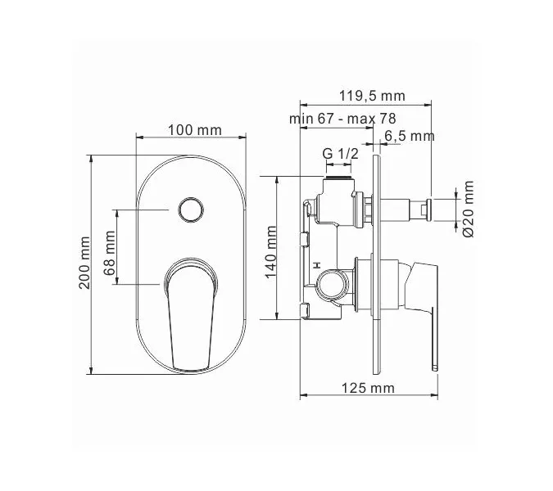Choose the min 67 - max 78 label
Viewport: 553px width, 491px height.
click(x=342, y=119)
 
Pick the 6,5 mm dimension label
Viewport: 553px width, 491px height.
click(x=409, y=135)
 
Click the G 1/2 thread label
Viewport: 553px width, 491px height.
click(x=338, y=154)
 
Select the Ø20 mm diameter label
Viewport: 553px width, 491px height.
click(x=468, y=209)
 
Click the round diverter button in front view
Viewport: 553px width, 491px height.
click(x=190, y=210)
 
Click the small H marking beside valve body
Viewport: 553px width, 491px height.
click(x=315, y=266)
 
